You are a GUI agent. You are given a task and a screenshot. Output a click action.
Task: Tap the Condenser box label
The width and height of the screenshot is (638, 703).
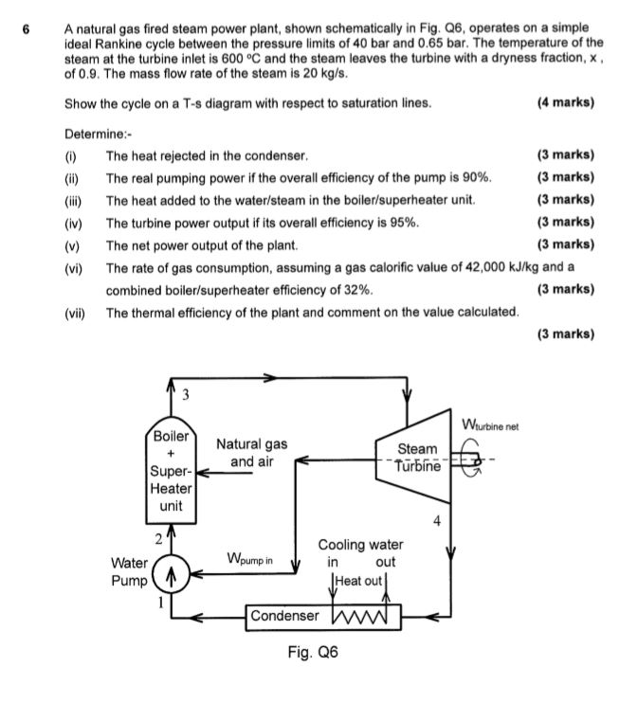pyautogui.click(x=284, y=616)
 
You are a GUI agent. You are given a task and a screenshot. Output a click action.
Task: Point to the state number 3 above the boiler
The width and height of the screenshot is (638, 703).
pyautogui.click(x=186, y=391)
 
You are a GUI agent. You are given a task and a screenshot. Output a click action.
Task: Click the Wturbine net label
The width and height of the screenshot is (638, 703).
pyautogui.click(x=490, y=423)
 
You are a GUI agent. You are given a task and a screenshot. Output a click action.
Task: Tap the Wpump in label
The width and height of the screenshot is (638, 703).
pyautogui.click(x=249, y=559)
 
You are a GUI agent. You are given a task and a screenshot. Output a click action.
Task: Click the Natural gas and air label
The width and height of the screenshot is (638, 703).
pyautogui.click(x=251, y=453)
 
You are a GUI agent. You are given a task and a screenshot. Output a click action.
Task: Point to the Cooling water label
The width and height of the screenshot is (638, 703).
pyautogui.click(x=360, y=545)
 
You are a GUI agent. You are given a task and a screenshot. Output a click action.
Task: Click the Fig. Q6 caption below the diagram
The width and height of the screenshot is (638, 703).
pyautogui.click(x=312, y=653)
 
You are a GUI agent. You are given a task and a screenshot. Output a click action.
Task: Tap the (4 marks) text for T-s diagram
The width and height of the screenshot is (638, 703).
pyautogui.click(x=565, y=102)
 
